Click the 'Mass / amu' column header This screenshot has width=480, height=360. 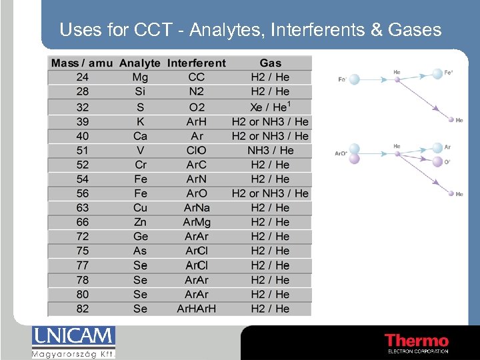(82, 63)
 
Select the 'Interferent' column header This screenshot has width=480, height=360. (197, 63)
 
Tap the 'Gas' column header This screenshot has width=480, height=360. (270, 63)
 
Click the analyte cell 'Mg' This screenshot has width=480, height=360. (141, 77)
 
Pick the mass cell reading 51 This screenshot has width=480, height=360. (82, 151)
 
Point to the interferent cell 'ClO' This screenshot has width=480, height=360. (197, 151)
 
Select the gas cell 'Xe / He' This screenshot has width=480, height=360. (270, 107)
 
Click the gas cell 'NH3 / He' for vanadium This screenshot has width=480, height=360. (270, 151)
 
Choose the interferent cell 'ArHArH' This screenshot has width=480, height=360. (197, 309)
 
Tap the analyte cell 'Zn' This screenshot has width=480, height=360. (141, 222)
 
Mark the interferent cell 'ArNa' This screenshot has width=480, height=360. (197, 208)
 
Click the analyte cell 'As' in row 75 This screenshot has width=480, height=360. (141, 251)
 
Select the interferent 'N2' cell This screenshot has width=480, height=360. (197, 92)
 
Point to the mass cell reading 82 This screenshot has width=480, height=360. (82, 309)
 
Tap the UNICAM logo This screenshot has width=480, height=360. (73, 342)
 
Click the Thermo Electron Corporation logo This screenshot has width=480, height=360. (417, 343)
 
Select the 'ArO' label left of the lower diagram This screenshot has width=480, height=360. (340, 153)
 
